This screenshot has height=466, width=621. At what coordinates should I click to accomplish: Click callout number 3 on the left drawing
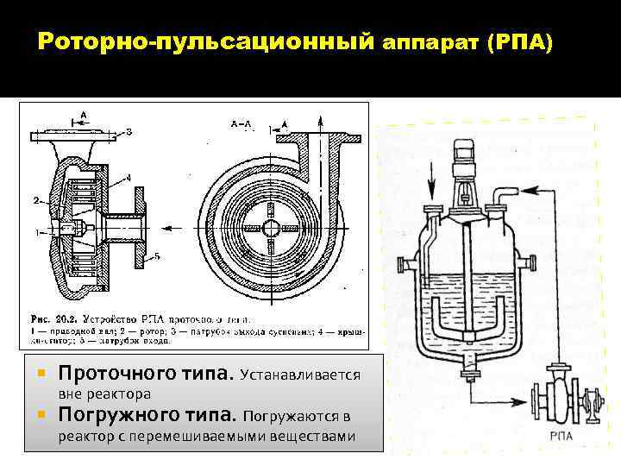[129, 132]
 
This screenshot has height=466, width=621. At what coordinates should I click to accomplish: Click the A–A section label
[241, 124]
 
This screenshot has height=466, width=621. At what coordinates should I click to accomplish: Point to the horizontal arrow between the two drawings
[177, 228]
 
